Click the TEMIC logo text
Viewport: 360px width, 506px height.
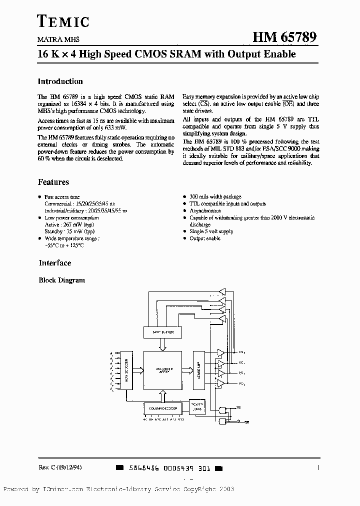63,20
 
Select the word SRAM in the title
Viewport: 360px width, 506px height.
183,53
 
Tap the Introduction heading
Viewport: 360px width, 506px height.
60,81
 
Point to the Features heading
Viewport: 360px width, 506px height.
53,182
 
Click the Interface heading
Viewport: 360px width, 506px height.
55,263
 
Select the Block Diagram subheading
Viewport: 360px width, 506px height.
62,280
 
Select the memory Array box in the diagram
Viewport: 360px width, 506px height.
163,369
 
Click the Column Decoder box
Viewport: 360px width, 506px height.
163,408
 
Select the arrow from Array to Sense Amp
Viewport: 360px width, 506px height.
188,370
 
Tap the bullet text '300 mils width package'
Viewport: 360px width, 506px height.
215,197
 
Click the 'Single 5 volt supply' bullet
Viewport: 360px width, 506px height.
211,231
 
